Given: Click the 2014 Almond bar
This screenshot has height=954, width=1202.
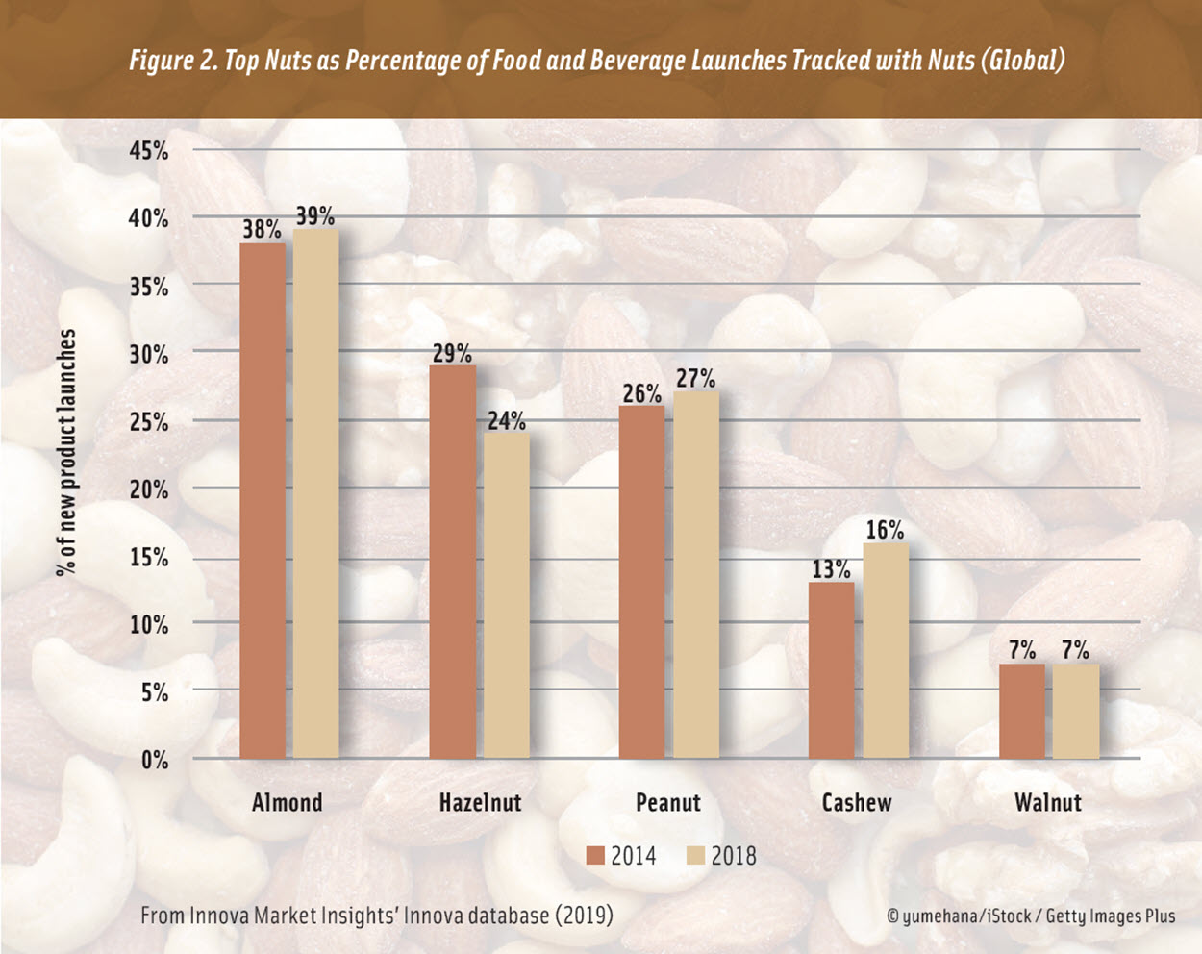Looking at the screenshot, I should [x=262, y=500].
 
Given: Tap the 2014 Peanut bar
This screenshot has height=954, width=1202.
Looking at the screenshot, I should [x=641, y=582].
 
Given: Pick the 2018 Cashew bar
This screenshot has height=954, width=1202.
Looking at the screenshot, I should [x=885, y=650].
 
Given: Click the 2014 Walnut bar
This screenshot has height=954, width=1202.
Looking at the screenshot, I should [x=1021, y=711].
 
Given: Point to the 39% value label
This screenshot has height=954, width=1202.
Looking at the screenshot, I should [x=315, y=215].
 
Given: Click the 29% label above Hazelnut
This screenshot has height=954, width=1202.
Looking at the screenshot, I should [x=452, y=353].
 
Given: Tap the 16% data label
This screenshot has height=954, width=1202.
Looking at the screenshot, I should [x=885, y=530].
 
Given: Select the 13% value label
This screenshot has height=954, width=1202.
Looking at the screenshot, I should [x=831, y=569].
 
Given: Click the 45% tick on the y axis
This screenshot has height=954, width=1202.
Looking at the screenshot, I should [x=149, y=150].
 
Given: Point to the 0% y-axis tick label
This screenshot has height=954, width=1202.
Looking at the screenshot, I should [x=155, y=760].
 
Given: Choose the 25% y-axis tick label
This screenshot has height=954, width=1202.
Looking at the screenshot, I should [x=149, y=421].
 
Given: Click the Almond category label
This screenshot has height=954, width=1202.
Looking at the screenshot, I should [x=287, y=802].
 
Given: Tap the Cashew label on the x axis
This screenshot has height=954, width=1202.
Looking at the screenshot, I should [x=857, y=802].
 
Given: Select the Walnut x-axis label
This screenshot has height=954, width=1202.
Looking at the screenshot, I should [x=1047, y=802].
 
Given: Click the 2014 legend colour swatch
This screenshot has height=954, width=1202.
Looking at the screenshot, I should [x=595, y=855].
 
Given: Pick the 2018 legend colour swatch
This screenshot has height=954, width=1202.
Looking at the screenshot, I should [x=695, y=855].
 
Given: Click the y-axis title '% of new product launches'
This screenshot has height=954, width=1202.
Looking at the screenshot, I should [x=66, y=452].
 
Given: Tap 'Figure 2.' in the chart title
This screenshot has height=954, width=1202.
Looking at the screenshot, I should [x=171, y=61].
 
